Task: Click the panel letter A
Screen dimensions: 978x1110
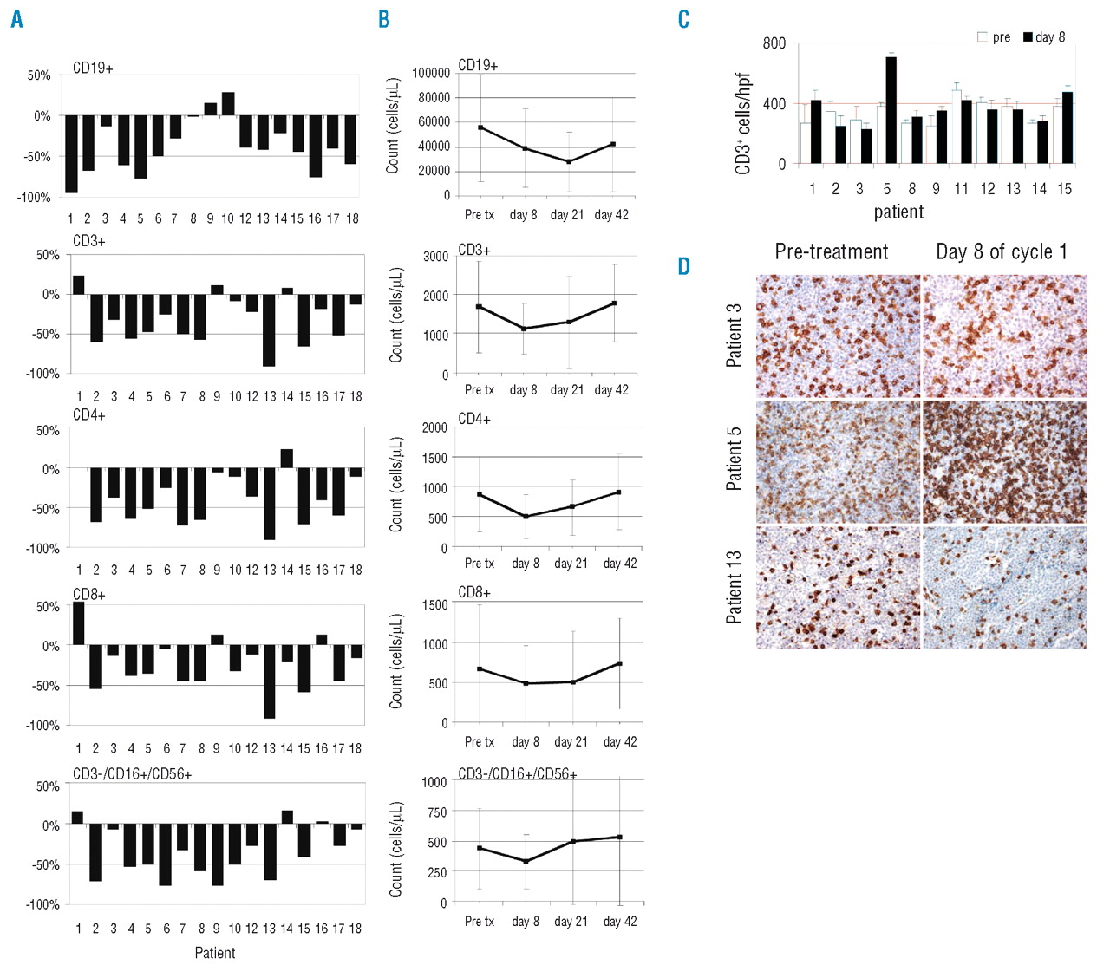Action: coord(16,20)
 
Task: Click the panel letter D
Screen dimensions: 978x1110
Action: coord(683,267)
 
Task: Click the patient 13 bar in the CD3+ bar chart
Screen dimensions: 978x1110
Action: coord(270,330)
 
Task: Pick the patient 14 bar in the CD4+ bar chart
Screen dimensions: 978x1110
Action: coord(287,459)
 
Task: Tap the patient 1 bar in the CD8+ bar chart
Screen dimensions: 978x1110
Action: coord(78,623)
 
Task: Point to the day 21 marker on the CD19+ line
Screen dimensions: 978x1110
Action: coord(569,162)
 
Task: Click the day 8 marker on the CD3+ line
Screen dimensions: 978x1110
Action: coord(524,329)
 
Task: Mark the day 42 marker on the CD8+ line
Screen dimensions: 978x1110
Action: coord(620,663)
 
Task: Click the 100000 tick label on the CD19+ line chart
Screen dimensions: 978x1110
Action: coord(431,74)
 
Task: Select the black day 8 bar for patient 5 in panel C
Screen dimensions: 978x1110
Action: coord(891,110)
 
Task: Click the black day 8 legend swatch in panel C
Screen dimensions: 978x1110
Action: coord(1028,37)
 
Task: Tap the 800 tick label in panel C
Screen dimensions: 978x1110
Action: coord(774,43)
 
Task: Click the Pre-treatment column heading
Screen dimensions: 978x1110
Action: coord(831,251)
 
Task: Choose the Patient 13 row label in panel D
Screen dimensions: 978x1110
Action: coord(734,587)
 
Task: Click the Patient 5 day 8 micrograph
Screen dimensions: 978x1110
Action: coord(1004,462)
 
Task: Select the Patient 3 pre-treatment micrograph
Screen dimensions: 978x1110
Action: coord(838,336)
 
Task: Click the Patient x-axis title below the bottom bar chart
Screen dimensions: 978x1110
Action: coord(214,953)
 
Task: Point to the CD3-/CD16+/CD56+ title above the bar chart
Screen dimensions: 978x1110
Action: coord(132,773)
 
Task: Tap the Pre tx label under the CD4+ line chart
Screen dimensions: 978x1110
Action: coord(480,564)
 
